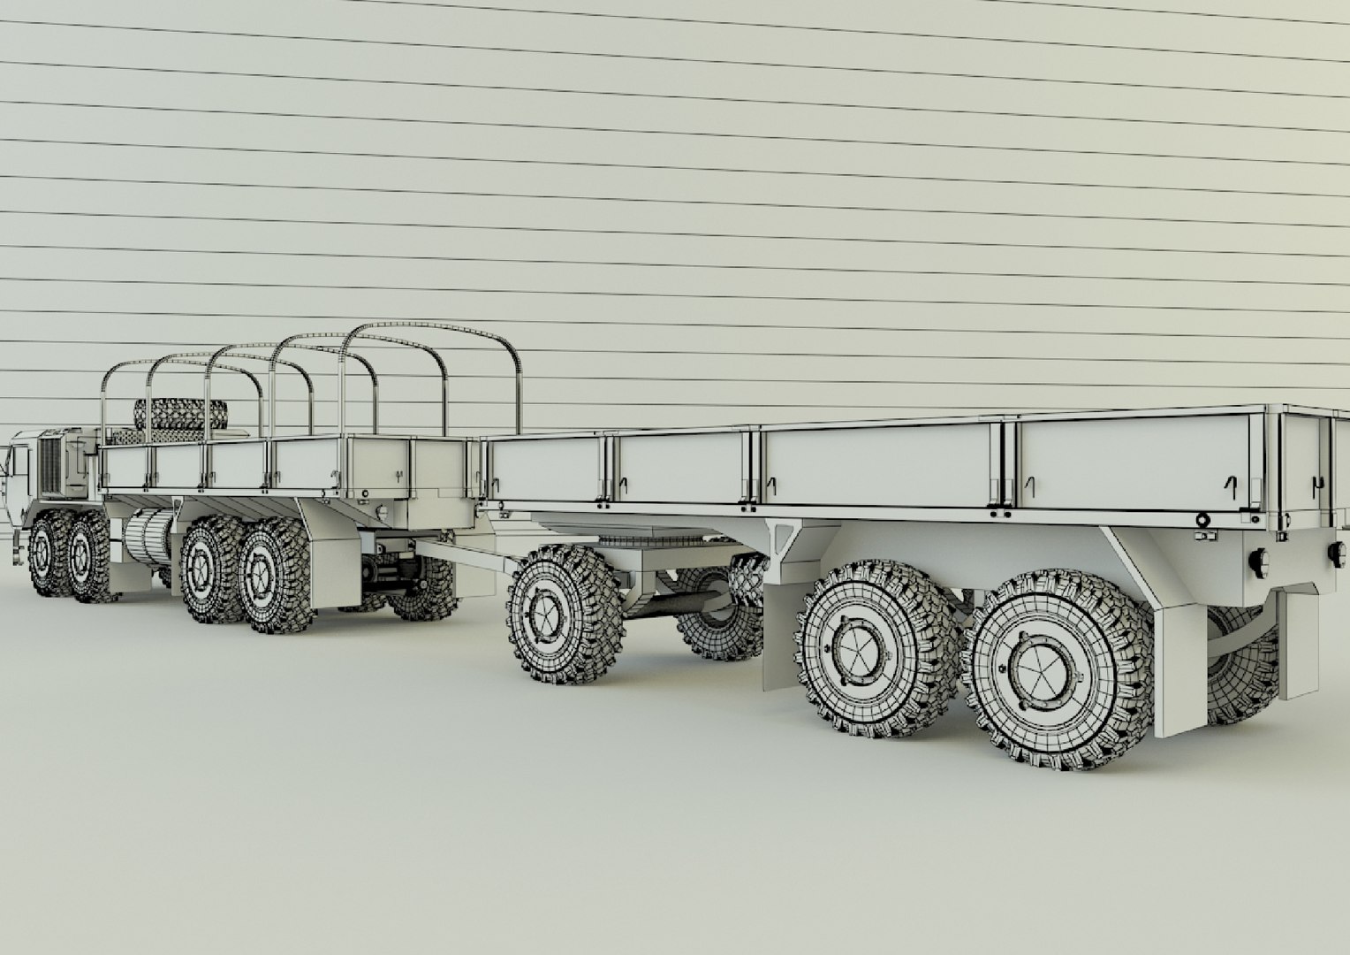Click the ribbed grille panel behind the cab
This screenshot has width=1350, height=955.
click(53, 463)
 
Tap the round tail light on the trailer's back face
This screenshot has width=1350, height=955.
click(1335, 553)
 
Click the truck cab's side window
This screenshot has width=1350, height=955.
click(19, 465)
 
